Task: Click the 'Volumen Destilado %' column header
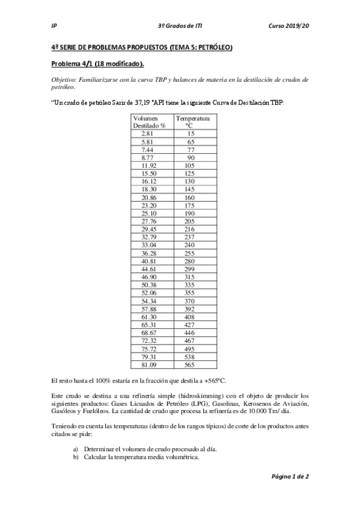click(149, 122)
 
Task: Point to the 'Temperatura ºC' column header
click(192, 122)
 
